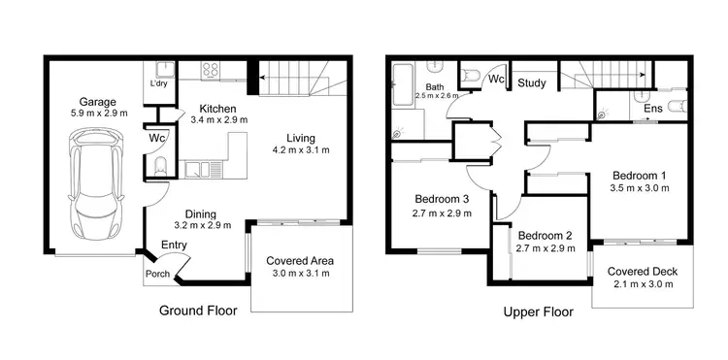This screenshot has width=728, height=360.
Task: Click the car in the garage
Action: tap(95, 190)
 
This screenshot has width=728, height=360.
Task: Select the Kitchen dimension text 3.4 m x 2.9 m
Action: tap(218, 120)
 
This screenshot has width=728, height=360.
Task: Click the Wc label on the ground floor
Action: tap(157, 138)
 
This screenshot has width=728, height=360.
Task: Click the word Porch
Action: tap(157, 274)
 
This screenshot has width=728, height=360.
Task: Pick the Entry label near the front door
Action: tap(175, 245)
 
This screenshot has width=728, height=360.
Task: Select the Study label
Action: tap(531, 83)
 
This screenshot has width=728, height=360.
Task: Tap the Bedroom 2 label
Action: tap(546, 236)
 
